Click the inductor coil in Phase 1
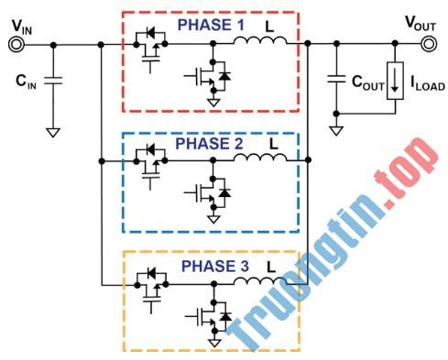[259, 41]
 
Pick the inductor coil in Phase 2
[259, 160]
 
